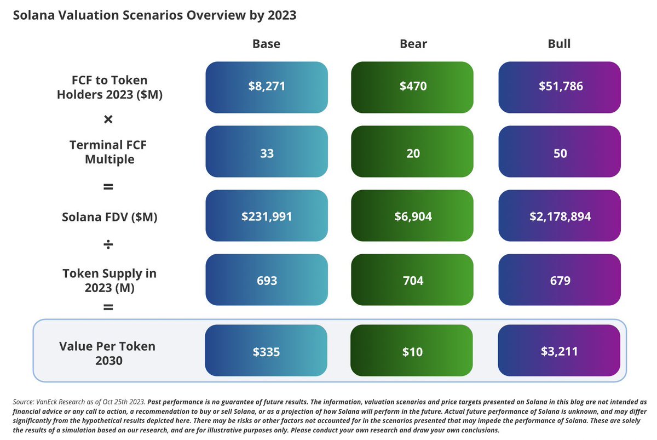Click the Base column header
[x=266, y=44]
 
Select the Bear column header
[x=413, y=44]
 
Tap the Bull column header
[x=559, y=44]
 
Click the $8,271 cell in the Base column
[x=266, y=87]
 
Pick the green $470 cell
[x=413, y=87]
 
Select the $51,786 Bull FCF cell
[x=559, y=87]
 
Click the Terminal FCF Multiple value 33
[x=266, y=153]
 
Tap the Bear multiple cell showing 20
[x=413, y=153]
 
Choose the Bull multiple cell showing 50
[x=559, y=153]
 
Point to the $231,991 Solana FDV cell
[x=266, y=216]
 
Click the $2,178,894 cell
[x=559, y=216]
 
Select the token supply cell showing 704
[x=413, y=281]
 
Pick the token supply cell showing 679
[x=559, y=281]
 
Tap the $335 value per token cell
[x=266, y=351]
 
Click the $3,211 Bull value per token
[x=559, y=351]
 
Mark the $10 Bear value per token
[x=413, y=351]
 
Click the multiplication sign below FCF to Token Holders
[x=108, y=119]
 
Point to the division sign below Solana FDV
[x=108, y=244]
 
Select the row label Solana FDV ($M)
[x=108, y=217]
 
